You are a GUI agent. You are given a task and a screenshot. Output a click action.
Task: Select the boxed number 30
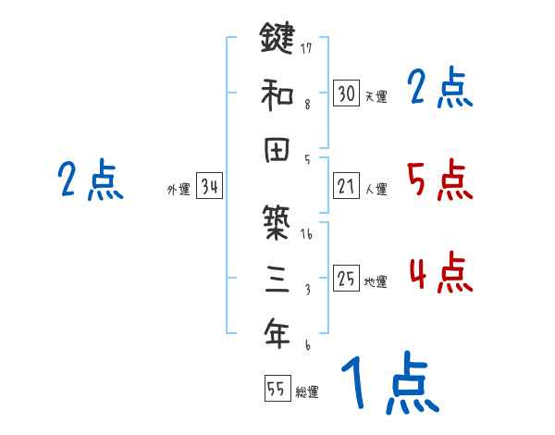(x=346, y=93)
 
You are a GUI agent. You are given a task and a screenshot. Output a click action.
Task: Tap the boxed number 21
(x=346, y=187)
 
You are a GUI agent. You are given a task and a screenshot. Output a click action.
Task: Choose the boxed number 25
(x=346, y=280)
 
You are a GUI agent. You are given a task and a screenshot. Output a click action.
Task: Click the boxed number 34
(x=209, y=187)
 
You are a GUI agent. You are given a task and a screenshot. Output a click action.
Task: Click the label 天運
(x=376, y=96)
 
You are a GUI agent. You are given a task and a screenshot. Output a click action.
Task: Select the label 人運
(x=376, y=190)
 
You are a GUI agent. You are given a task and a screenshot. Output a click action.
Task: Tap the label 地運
(x=376, y=282)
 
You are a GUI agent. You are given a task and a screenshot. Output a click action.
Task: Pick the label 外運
(x=178, y=190)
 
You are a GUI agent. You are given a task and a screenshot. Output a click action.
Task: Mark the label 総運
(x=307, y=392)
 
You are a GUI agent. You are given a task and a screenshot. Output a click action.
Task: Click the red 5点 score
(x=439, y=180)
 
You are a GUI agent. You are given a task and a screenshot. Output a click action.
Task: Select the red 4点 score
(x=439, y=273)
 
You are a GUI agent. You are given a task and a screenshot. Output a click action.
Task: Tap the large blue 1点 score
(x=388, y=383)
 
